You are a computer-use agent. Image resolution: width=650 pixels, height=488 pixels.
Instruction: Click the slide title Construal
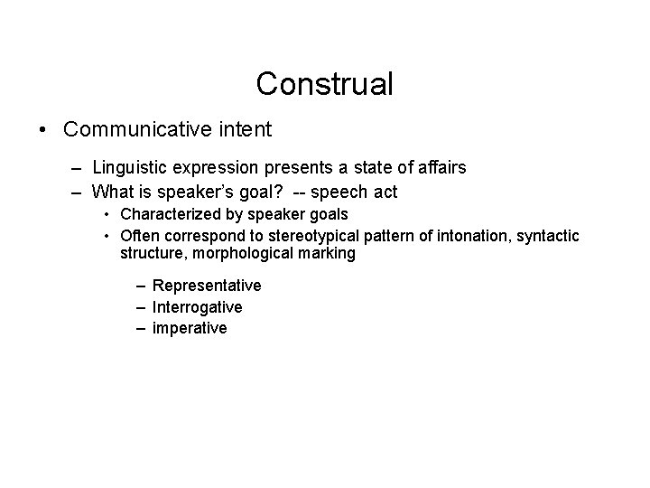(x=325, y=84)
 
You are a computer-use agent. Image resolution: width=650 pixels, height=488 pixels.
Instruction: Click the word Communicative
(x=138, y=129)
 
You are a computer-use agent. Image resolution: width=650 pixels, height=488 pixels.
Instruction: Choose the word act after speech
(x=385, y=191)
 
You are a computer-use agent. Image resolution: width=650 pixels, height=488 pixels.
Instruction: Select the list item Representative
(x=207, y=286)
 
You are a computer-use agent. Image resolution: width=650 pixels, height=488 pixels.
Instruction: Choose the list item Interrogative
(x=197, y=307)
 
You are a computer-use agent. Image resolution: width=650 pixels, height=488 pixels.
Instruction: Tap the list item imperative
(x=190, y=329)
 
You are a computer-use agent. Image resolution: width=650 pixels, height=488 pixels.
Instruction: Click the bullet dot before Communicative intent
(x=43, y=130)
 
